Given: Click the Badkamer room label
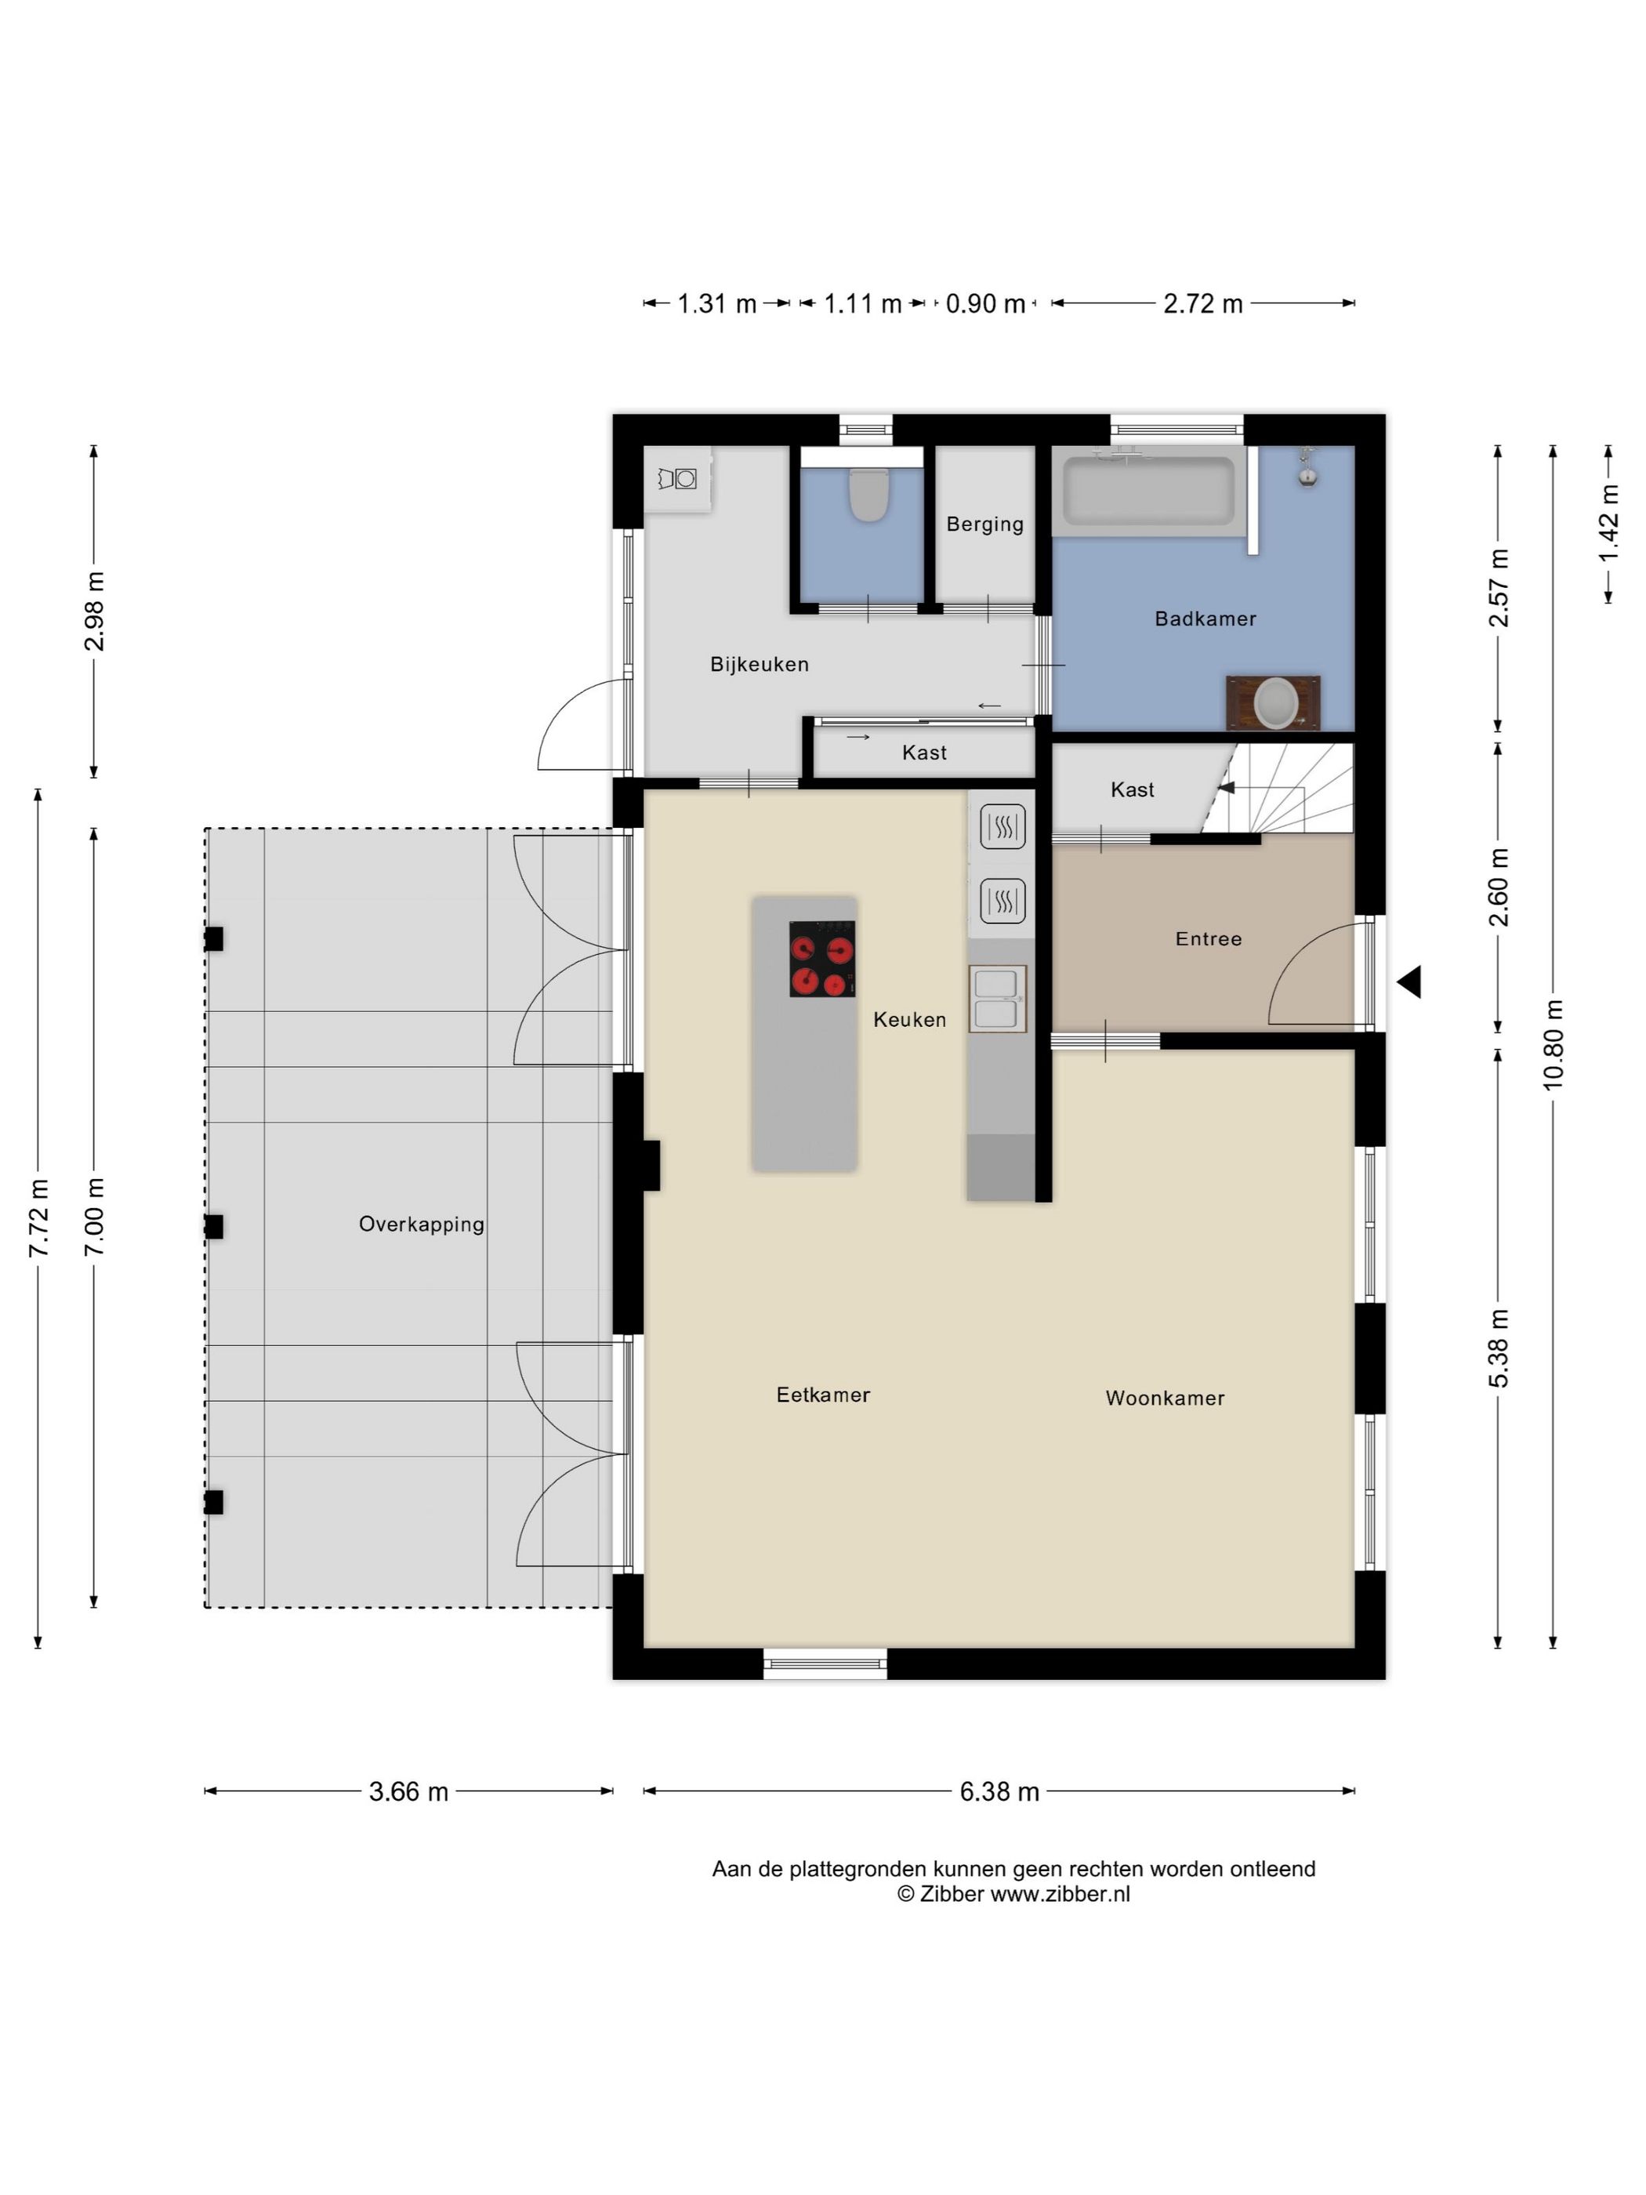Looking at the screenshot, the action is click(x=1205, y=619).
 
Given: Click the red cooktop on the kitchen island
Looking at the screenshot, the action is click(x=822, y=959).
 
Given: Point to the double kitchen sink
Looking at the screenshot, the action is click(x=997, y=998).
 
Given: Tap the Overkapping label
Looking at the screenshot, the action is click(x=422, y=1224).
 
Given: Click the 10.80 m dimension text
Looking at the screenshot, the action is click(x=1553, y=1044).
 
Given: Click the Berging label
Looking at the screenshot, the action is click(x=984, y=524).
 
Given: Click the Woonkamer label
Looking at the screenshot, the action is click(x=1165, y=1399).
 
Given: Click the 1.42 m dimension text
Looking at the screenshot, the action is click(x=1608, y=523).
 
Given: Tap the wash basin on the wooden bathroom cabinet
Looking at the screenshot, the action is click(x=1276, y=703).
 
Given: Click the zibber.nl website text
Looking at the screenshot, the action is click(x=1060, y=1893).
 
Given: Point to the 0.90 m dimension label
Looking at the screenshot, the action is click(x=985, y=303).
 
